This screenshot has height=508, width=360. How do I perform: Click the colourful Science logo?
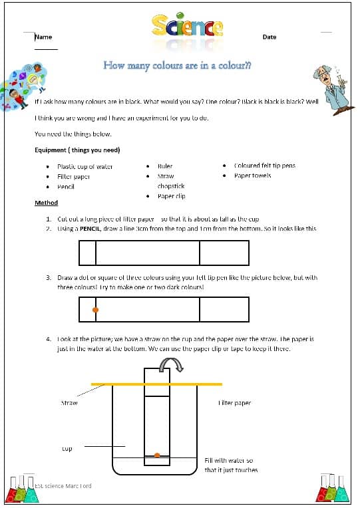coord(187,27)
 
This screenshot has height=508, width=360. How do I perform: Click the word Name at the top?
coord(43,37)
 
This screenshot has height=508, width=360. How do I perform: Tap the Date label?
coord(269,37)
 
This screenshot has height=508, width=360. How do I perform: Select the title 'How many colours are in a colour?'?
coord(177,65)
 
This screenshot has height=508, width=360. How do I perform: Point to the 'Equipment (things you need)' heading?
coord(77,150)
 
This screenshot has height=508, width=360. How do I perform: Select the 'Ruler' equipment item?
coord(165,166)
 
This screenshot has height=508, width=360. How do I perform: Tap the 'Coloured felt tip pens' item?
coord(265,166)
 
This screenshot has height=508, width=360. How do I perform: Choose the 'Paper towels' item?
coord(253,176)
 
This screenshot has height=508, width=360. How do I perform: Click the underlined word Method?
coord(46,203)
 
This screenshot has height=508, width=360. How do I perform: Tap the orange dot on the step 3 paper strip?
coord(95,310)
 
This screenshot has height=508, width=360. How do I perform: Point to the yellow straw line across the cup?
coord(156,384)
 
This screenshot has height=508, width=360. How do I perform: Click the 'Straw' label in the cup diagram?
coord(69,403)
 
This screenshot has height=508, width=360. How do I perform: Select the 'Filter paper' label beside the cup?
coord(234,403)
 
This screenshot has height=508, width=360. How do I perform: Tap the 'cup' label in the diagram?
coord(67,449)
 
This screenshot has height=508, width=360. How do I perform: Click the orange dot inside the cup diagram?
coord(157,455)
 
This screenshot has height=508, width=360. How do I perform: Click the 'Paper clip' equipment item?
coord(171,196)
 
